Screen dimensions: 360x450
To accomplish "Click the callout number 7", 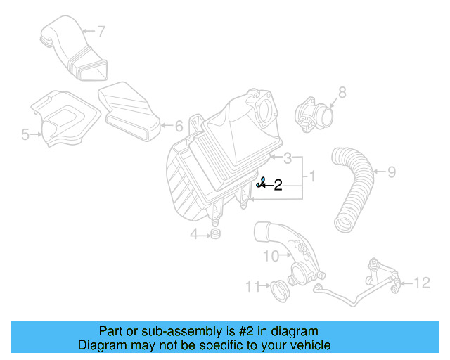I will pos(101,32).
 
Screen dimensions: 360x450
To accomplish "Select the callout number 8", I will pos(342,91).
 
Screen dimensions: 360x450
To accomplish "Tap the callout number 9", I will pos(392,171).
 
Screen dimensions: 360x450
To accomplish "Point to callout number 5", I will pos(25,134).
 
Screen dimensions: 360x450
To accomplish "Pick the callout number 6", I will pos(179,127).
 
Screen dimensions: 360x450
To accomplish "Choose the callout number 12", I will pos(421,283).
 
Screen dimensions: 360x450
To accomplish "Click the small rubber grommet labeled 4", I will pos(216,233).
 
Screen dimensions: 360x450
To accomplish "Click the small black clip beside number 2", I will pos(261,184).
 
